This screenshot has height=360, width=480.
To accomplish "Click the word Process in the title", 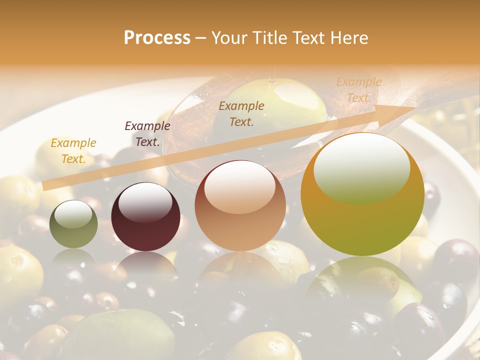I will pos(157,38).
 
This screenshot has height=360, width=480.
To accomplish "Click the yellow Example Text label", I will pos(73,151).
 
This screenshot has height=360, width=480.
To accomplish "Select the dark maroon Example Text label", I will pos(147,134).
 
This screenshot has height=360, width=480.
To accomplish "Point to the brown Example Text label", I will pos(241,113).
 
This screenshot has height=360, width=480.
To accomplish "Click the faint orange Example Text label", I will pos(358,90).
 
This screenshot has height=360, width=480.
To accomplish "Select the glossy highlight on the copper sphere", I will pos(239,186).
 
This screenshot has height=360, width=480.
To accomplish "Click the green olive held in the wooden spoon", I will pos(275,105).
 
